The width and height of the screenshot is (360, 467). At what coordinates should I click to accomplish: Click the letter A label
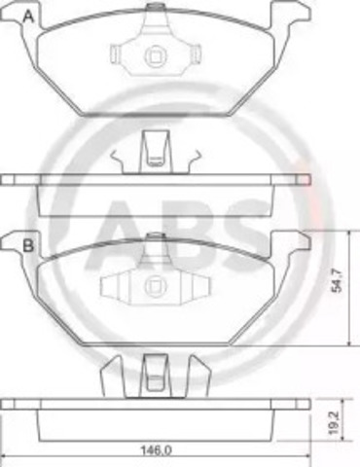(29, 16)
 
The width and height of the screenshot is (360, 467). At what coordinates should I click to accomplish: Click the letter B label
(28, 245)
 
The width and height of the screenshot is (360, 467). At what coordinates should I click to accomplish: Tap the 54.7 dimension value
(338, 280)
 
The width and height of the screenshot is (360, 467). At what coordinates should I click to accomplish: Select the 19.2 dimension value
(335, 423)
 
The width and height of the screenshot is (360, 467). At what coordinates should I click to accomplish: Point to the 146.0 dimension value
(156, 450)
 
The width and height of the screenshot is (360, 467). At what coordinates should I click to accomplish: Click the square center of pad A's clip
(156, 57)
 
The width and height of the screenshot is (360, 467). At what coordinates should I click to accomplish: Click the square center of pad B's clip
(156, 285)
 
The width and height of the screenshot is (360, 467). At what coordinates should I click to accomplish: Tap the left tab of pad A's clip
(116, 54)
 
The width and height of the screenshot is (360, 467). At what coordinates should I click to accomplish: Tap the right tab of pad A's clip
(196, 54)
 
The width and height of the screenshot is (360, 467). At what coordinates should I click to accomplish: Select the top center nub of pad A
(156, 7)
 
